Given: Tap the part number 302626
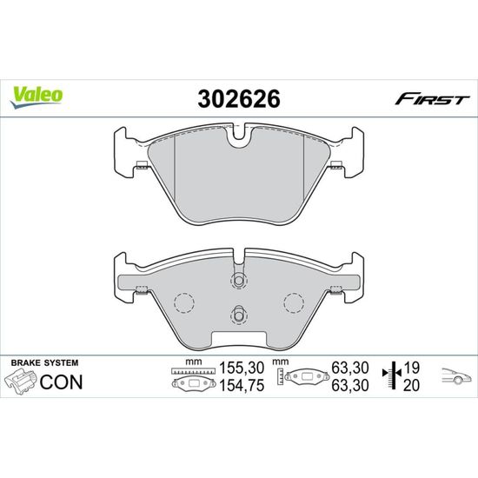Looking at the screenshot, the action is [x=239, y=99].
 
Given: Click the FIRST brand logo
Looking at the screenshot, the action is [x=432, y=99].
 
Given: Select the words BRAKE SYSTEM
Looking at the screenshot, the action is [x=44, y=362].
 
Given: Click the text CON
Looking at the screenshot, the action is [x=61, y=382].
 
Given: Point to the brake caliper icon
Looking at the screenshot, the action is [x=20, y=382].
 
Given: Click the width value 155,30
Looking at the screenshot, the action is [x=242, y=368].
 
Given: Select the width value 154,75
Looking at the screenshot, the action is [x=242, y=386].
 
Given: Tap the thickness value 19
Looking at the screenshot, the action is [x=411, y=368].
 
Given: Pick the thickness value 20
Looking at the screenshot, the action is [x=411, y=386].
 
